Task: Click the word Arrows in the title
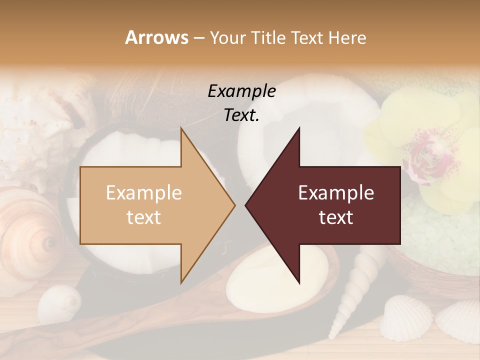pos(156,37)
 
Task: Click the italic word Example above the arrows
pos(241,91)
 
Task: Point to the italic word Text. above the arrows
pos(241,115)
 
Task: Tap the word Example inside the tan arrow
pos(143,193)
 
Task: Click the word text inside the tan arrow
pos(143,217)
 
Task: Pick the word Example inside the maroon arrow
pos(336,193)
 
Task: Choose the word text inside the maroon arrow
pos(336,217)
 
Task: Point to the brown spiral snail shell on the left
pos(30,235)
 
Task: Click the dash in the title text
pos(198,38)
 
